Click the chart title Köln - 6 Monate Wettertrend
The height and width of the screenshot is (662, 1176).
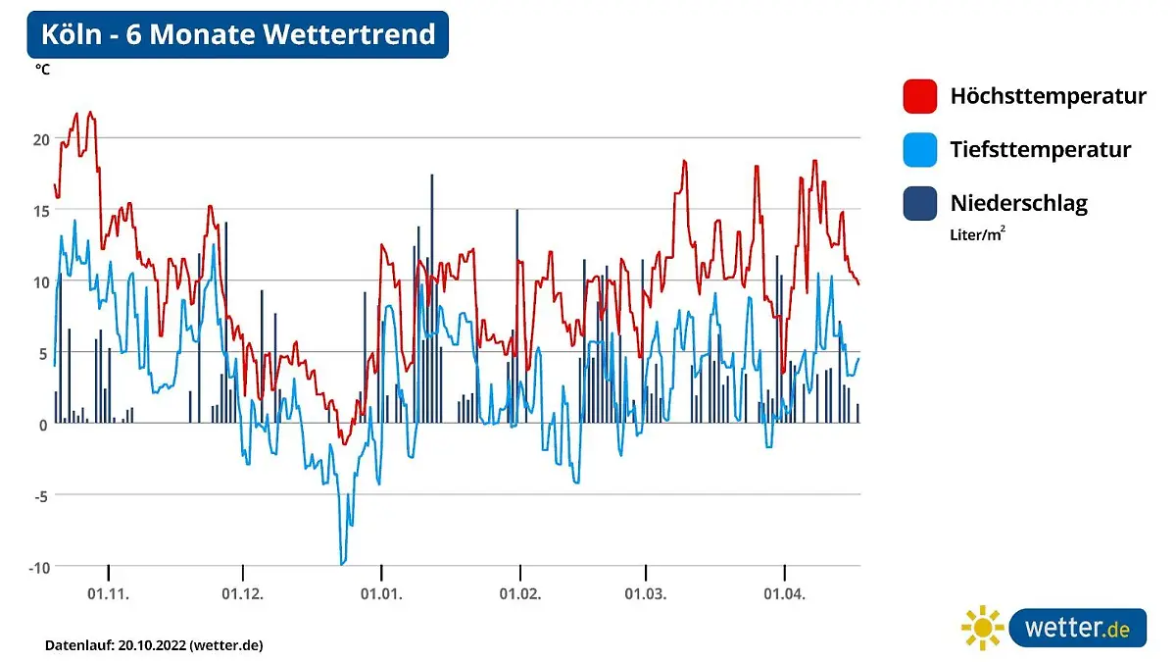pos(237,34)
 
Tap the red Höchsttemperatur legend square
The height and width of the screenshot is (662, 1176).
pos(920,96)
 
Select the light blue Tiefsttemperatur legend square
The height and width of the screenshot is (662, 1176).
pos(920,149)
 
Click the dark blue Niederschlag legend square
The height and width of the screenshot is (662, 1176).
pos(920,203)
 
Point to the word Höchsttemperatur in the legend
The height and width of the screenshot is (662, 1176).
pos(1048,96)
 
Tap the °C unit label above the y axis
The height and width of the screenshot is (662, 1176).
pos(43,70)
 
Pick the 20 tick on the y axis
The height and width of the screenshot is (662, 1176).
pos(40,139)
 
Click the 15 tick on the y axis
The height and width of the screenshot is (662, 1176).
pos(40,211)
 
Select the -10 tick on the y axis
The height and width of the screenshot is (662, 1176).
pos(38,568)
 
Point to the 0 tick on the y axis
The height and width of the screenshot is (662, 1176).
pos(43,425)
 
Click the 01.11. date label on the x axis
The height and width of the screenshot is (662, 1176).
pos(108,593)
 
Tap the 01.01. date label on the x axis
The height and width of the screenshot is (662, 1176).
pos(381,593)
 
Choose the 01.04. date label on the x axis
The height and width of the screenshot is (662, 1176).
pos(784,593)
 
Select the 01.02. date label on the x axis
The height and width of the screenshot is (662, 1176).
pos(519,593)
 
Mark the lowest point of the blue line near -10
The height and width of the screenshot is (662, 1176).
pos(342,564)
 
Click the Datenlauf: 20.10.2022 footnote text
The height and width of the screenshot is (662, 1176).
pos(154,645)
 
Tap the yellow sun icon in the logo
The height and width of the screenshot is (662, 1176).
pos(982,628)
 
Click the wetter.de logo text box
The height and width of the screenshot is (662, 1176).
pos(1077,628)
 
